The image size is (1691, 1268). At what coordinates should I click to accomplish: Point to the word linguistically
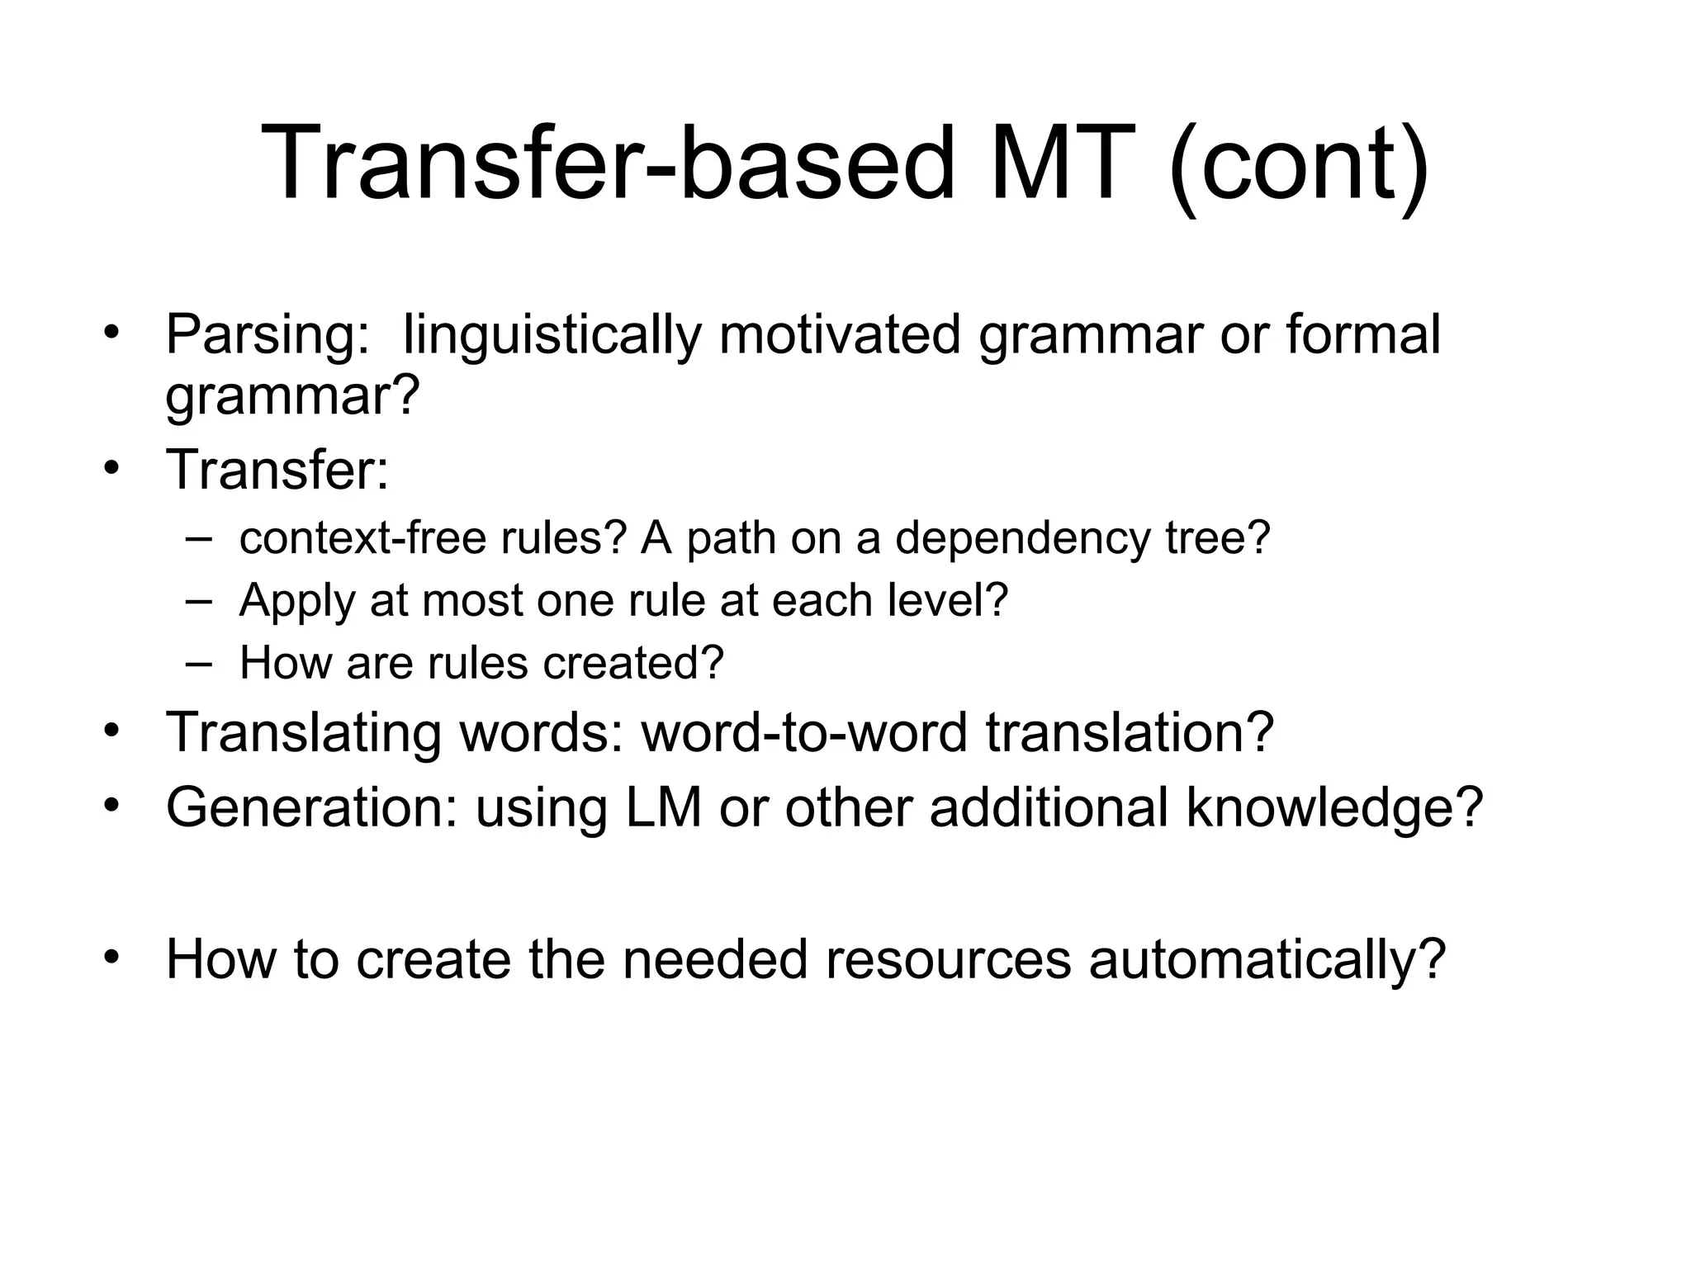(x=552, y=336)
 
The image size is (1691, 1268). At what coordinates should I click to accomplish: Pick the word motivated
(x=840, y=334)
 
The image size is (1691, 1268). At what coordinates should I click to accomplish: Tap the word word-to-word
(x=803, y=732)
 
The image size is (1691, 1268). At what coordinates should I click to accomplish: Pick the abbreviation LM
(x=664, y=807)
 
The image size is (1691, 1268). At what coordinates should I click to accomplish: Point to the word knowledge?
(x=1334, y=808)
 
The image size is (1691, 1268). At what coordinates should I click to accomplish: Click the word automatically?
(x=1267, y=960)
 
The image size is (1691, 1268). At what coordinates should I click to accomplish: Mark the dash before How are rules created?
(x=198, y=663)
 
